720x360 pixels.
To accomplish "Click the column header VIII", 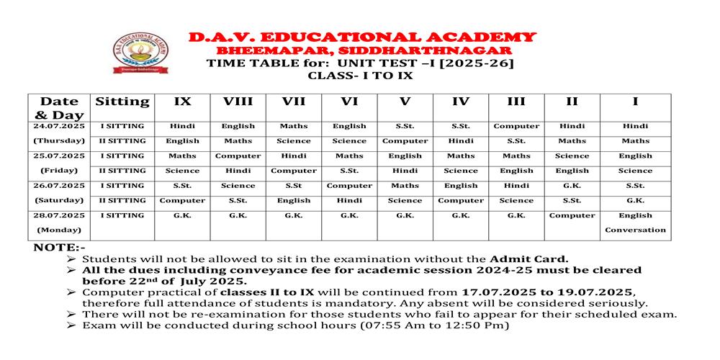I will (x=238, y=102).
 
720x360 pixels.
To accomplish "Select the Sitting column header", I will (x=122, y=102).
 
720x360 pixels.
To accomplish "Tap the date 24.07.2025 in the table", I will (x=59, y=126).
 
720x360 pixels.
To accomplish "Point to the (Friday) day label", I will (x=59, y=171).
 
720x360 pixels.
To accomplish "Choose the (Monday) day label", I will (x=59, y=230).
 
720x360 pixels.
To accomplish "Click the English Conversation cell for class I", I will (x=635, y=222).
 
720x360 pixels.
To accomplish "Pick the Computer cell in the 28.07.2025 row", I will (x=572, y=215).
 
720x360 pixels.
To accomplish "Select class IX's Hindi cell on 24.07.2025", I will (x=182, y=126).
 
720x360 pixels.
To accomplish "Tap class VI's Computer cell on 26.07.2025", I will (x=349, y=185).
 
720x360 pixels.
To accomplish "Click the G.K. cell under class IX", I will (x=182, y=215).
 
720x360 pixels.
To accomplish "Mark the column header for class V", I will (x=405, y=102).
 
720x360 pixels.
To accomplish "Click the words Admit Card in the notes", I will (x=529, y=258).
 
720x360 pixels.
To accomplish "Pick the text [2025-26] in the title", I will (x=478, y=63).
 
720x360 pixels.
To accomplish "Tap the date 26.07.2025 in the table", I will (x=59, y=185).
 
